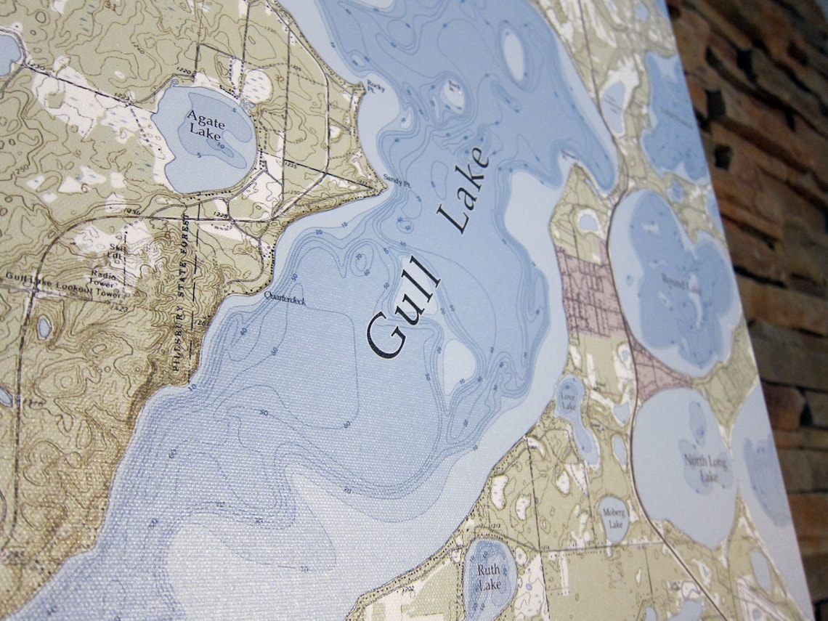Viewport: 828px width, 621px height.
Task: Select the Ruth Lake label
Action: click(x=489, y=577)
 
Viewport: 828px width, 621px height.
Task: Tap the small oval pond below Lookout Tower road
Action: click(x=44, y=327)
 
